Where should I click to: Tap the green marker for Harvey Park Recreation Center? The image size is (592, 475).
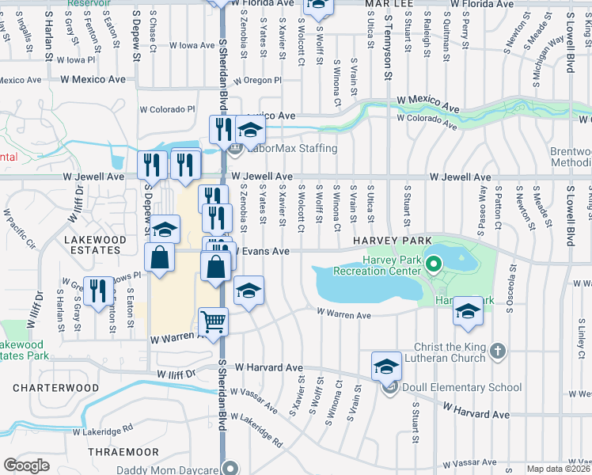pos(433,264)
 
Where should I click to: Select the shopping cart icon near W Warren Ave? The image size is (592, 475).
pos(213,321)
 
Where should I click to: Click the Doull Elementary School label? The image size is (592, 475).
pos(462,387)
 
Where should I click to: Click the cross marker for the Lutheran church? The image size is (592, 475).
pos(497,351)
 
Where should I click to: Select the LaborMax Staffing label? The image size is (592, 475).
pos(291,148)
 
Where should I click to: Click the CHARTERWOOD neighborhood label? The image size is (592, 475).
pos(55,389)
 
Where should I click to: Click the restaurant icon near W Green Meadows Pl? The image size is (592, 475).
pos(98,289)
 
